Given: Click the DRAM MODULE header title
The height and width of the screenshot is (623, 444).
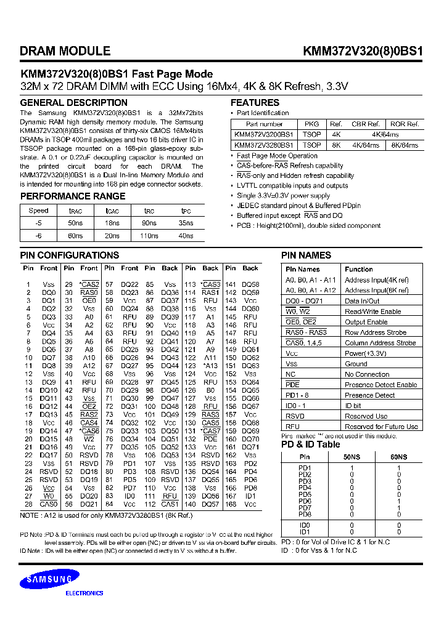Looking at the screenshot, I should click(x=65, y=52).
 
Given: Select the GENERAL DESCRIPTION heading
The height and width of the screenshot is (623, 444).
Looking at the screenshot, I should click(x=73, y=103).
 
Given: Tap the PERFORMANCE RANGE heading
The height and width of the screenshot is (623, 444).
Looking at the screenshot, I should click(x=73, y=196).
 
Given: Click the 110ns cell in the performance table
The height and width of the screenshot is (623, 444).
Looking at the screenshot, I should click(x=149, y=235).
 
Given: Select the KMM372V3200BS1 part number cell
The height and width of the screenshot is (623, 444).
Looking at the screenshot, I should click(x=264, y=134).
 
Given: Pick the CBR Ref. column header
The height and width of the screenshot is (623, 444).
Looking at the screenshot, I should click(x=365, y=124).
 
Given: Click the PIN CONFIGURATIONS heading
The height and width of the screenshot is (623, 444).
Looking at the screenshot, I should click(x=69, y=255).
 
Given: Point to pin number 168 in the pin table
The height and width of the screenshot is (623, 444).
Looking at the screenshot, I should click(x=231, y=504).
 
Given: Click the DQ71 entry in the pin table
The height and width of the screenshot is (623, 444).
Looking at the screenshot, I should click(x=250, y=447).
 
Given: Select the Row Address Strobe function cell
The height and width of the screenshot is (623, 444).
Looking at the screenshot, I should click(x=375, y=332).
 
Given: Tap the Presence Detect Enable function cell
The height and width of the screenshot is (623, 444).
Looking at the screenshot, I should click(x=380, y=385).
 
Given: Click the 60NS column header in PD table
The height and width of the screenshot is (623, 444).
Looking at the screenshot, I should click(x=398, y=457).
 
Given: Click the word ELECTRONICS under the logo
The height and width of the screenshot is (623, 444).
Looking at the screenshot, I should click(x=84, y=593).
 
